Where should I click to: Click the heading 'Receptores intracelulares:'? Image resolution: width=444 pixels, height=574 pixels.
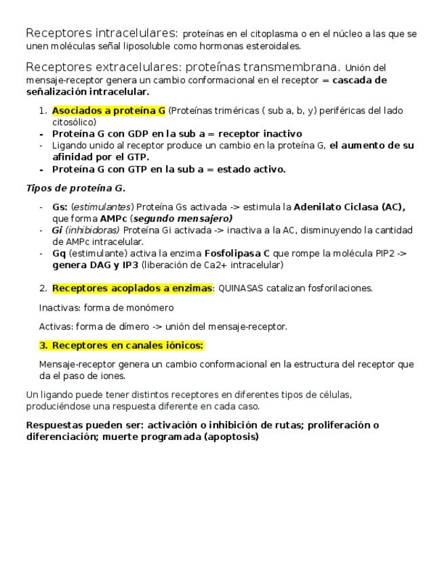coord(102,33)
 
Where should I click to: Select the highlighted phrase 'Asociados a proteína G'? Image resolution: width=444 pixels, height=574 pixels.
coord(108,110)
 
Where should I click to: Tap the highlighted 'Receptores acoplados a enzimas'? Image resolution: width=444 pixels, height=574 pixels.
coord(132,288)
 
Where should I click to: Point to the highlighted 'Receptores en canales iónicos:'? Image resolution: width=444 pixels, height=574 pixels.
coord(127,345)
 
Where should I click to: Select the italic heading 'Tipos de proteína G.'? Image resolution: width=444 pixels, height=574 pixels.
coord(75,188)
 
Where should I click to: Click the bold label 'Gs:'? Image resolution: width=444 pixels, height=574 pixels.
coord(60,207)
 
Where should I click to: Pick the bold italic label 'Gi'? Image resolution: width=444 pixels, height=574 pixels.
coord(57,230)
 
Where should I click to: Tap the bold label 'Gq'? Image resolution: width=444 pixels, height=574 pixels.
coord(59,253)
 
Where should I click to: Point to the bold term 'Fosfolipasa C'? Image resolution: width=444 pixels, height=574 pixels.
coord(237,253)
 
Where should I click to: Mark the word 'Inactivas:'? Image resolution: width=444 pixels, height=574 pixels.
coord(58,308)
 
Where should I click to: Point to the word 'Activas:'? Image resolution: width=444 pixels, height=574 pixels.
coord(55,326)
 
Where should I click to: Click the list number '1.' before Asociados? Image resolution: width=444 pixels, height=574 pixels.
coord(43,111)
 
